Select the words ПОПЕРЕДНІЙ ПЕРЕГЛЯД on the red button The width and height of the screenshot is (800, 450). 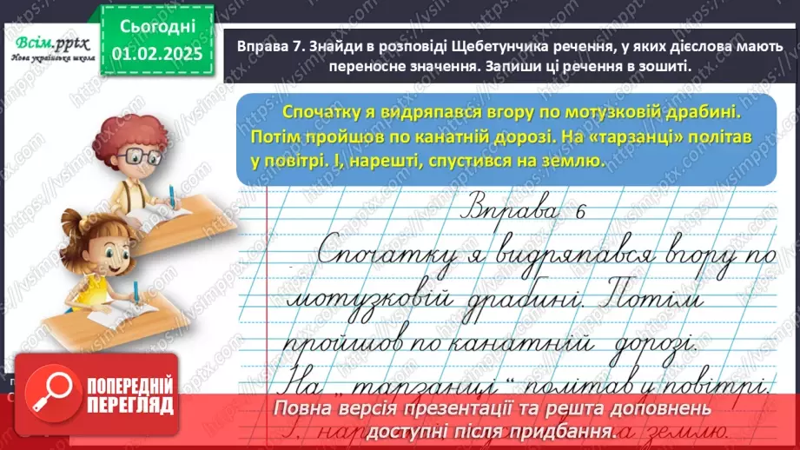click(128, 395)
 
